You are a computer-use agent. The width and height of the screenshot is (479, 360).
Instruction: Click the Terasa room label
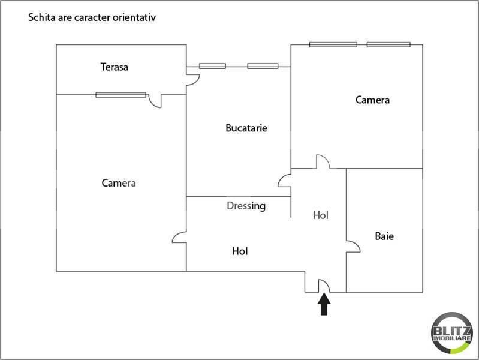pos(115,67)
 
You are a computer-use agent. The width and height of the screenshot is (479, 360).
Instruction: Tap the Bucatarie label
pos(246,128)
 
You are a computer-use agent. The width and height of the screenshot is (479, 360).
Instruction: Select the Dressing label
pos(246,206)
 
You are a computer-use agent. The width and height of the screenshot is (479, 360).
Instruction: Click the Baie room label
pos(384,236)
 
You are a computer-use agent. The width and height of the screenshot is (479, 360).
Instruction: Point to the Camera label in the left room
pos(119,183)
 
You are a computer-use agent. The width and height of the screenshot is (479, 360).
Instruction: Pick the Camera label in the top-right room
pos(372,100)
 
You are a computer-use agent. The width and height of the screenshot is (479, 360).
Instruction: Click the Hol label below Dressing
pos(240,251)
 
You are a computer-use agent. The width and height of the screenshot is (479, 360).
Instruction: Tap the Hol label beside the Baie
pos(321,215)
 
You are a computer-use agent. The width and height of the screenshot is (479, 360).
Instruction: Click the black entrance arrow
pos(324,304)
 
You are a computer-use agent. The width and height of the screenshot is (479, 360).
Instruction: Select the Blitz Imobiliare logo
pos(452,333)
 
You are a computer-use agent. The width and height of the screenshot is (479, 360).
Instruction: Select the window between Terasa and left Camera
pos(120,95)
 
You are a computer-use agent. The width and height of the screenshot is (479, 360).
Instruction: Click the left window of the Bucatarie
pos(212,66)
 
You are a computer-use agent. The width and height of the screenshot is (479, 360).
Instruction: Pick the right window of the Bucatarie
pos(263,66)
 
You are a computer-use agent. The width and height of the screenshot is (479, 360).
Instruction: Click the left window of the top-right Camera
pos(333,44)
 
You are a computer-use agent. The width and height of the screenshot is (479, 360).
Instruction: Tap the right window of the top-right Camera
pos(388,44)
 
